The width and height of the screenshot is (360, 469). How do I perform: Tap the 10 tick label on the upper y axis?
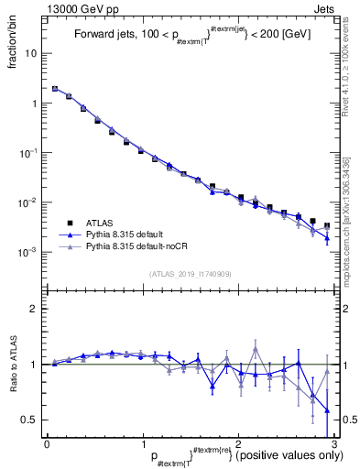coord(32,53)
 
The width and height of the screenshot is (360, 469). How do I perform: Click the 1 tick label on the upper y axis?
coord(35,104)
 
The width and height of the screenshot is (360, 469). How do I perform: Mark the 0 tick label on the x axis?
coord(47,444)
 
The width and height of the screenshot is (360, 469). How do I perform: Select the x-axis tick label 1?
coord(142,444)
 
